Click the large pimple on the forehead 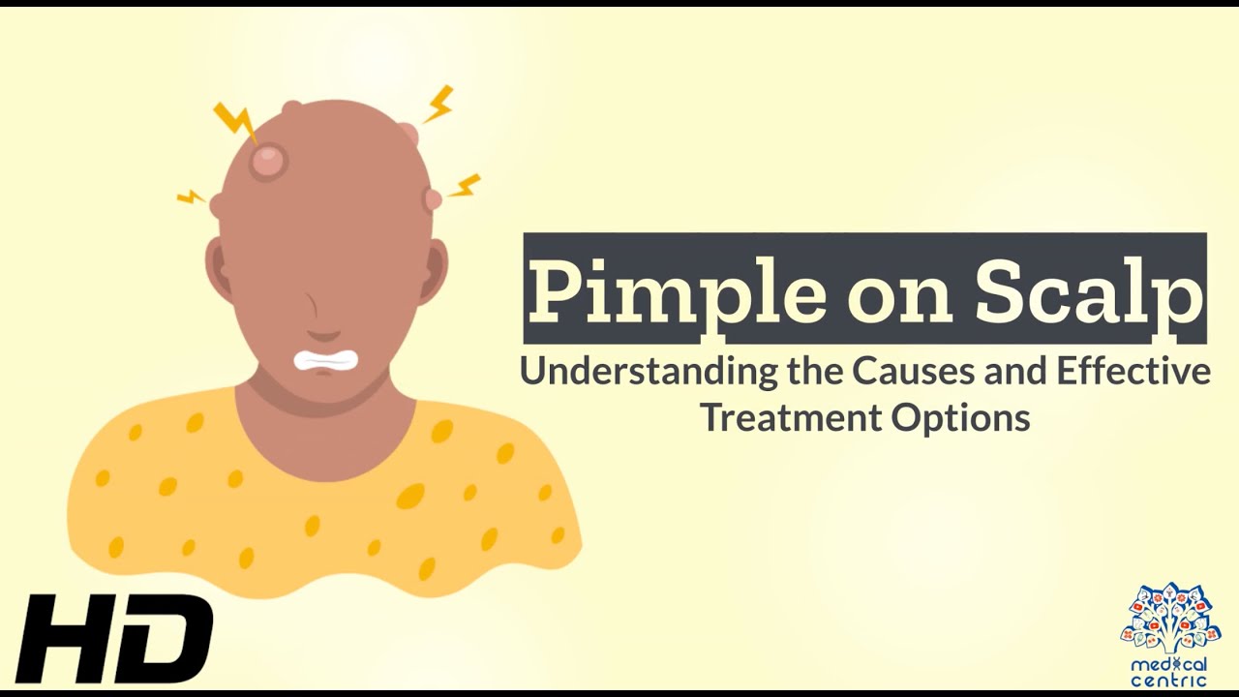[x=268, y=160]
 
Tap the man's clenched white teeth [x=325, y=361]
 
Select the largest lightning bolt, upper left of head [x=235, y=120]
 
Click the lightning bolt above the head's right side [x=438, y=104]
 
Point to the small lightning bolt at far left [x=191, y=197]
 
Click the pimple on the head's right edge [x=432, y=198]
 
